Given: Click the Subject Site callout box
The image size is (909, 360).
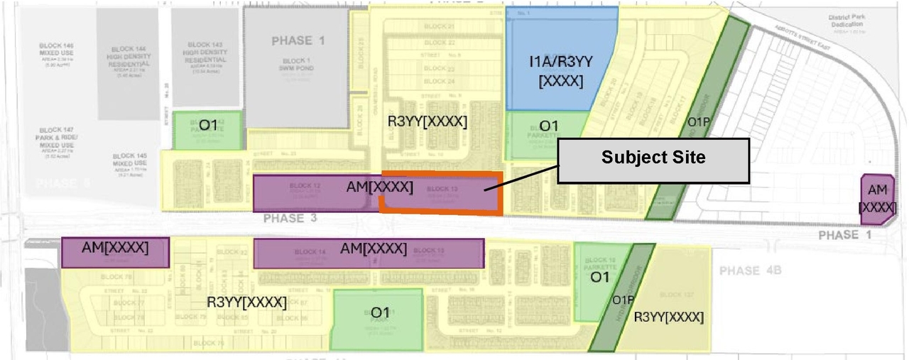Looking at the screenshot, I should click(653, 158).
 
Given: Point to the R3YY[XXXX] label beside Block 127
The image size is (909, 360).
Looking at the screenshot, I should click(668, 317).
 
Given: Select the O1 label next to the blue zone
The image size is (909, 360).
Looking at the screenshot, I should click(550, 126).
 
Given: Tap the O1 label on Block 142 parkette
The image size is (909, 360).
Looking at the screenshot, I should click(208, 126).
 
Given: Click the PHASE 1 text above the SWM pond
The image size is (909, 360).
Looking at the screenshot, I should click(298, 40).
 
